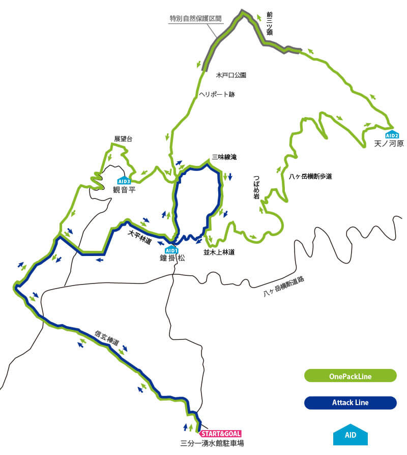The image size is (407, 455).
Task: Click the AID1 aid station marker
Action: pos(171,249)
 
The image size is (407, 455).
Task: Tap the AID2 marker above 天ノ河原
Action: pos(392,134)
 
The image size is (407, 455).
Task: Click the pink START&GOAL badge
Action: pos(220,434)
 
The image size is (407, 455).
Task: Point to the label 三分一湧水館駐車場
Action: pos(212,443)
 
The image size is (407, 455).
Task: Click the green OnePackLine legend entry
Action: pos(350,377)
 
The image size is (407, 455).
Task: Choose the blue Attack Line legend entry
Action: pos(350,403)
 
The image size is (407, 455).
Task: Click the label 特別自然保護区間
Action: pos(196,18)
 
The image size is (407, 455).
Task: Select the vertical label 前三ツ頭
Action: pos(270,23)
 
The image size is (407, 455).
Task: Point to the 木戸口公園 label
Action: pos(231,75)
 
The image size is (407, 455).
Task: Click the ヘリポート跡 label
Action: pos(217,94)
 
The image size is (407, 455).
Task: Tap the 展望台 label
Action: pos(123,138)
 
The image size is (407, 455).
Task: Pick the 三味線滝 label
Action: pos(224,158)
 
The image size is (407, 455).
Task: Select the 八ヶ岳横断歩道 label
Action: pos(310,177)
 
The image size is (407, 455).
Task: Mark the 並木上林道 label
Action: pos(219,251)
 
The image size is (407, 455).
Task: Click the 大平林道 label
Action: pos(139,238)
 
